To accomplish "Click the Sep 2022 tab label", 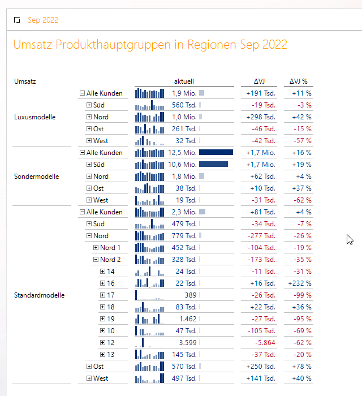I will tap(43, 20).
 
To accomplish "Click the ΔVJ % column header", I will tap(298, 81).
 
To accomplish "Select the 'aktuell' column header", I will tap(184, 81).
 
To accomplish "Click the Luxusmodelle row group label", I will tap(34, 117).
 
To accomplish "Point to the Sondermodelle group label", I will tap(36, 177).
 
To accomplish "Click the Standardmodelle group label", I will tap(39, 295).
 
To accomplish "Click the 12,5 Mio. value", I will tap(182, 153).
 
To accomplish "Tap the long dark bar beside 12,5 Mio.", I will tap(216, 153).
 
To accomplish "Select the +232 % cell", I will tap(300, 283).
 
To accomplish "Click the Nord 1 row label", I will tap(110, 248).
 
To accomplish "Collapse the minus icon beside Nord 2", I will tap(96, 260).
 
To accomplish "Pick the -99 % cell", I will tap(301, 295).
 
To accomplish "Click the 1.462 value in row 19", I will tap(188, 319).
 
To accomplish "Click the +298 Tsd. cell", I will tap(261, 117).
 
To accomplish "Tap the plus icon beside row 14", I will tap(103, 272).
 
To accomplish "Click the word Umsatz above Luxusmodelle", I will tap(25, 81).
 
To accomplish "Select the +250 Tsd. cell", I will tap(261, 367).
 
